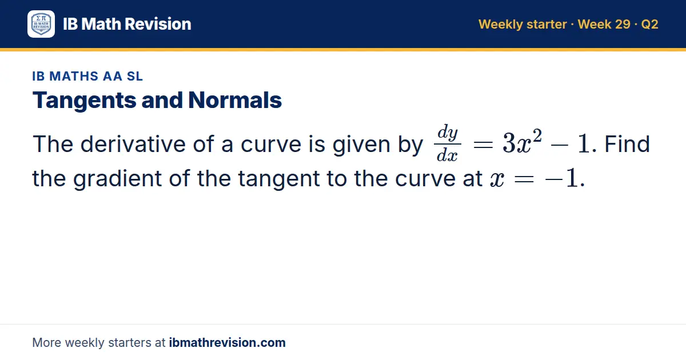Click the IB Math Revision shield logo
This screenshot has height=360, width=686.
coord(41,24)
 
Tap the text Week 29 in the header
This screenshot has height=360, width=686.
coord(604,24)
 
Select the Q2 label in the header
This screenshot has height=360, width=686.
coord(649,24)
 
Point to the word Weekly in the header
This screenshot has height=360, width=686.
coord(500,25)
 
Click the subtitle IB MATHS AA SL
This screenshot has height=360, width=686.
coord(87,76)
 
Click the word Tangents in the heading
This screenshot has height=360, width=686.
coord(84,101)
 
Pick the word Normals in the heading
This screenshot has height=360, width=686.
coord(235,100)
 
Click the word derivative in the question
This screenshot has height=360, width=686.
coord(133,143)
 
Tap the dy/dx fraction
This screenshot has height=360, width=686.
coord(448,143)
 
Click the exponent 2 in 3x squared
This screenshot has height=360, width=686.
coord(537,135)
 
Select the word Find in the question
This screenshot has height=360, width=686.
coord(627,143)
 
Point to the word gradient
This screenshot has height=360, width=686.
coord(117,178)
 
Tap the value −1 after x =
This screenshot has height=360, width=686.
coord(561,178)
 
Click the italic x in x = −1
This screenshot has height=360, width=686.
coord(497,179)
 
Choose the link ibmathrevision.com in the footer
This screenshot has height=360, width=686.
coord(228,342)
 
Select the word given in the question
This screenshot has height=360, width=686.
coord(361,145)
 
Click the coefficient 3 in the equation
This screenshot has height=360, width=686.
coord(509,143)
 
